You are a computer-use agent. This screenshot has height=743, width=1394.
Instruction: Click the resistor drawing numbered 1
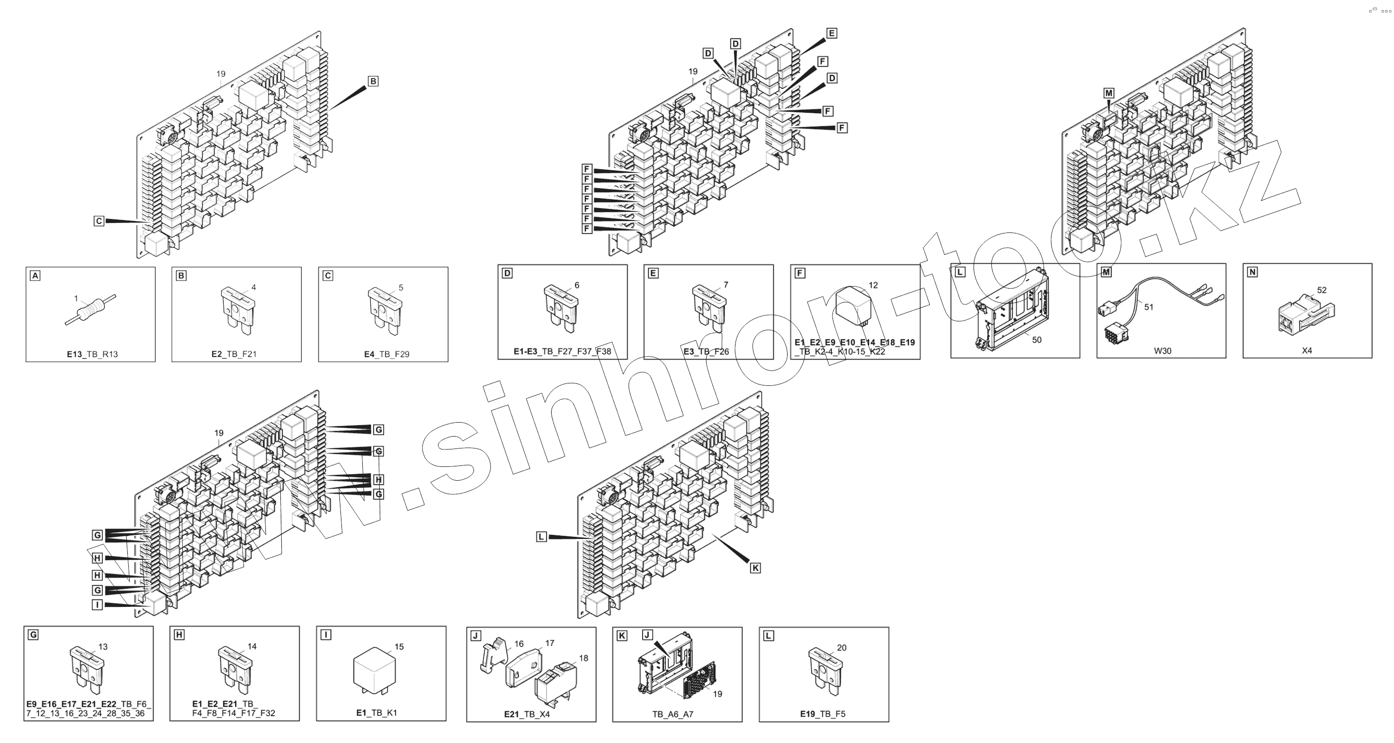point(90,310)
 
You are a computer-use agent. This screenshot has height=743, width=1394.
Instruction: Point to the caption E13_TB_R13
point(92,354)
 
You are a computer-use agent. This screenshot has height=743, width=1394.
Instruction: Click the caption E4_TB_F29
point(386,354)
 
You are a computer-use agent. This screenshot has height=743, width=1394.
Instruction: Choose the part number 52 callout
point(1321,291)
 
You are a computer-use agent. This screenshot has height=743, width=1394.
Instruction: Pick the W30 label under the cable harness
point(1162,351)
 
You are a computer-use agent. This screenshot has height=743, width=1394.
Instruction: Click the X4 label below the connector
point(1307,351)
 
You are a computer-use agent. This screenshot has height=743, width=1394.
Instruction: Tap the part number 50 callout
point(1036,340)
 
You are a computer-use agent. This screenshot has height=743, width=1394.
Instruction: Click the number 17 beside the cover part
point(549,644)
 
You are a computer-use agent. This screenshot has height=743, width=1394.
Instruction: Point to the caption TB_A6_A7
point(672,714)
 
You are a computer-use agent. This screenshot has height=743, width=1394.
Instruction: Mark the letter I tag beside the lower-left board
point(97,604)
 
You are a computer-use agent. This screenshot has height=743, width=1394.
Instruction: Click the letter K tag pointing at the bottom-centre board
point(755,568)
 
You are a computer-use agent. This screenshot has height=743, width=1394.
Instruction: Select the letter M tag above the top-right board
point(1109,93)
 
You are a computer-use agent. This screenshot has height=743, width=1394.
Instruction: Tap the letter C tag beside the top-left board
point(98,221)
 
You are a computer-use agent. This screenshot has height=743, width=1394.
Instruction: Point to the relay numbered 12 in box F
point(854,308)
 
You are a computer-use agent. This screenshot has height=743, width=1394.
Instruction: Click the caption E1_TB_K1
point(376,713)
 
